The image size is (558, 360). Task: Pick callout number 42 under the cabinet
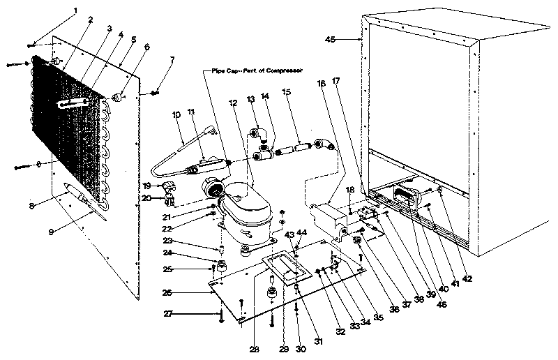point(467,279)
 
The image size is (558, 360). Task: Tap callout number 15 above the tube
point(286,92)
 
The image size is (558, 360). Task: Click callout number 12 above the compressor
point(232,103)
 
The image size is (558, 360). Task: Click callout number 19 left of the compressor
point(146,186)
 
